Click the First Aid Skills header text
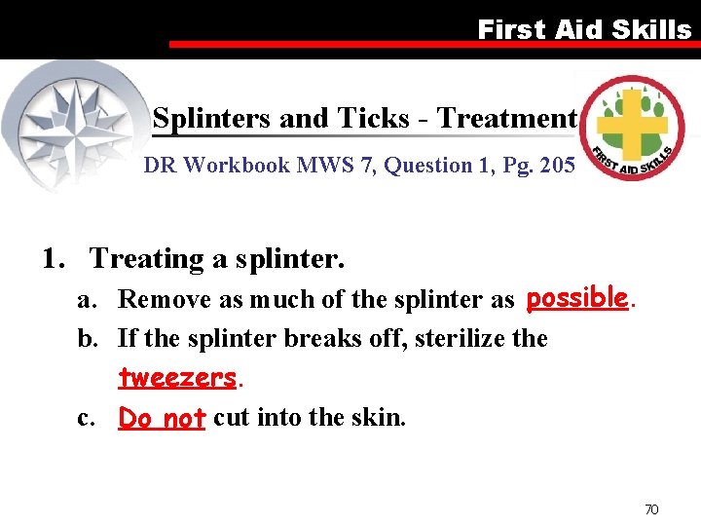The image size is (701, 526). click(x=583, y=29)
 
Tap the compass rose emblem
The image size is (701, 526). click(x=73, y=121)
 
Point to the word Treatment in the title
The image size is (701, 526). click(x=506, y=119)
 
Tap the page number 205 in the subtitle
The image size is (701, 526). click(x=556, y=166)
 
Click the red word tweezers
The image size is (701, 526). click(x=176, y=377)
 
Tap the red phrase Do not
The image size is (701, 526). click(x=162, y=418)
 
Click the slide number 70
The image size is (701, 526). click(x=651, y=509)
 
